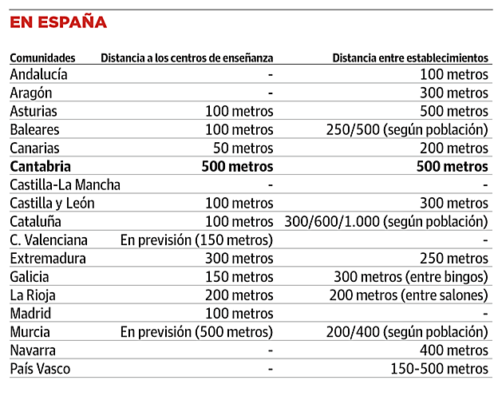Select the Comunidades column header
click(42, 57)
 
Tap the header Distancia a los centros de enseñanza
click(187, 57)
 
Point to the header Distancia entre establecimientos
click(409, 57)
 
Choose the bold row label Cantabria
click(41, 166)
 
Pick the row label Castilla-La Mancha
click(65, 184)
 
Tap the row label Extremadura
click(48, 259)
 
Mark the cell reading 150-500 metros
click(439, 369)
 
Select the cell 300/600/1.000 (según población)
click(385, 221)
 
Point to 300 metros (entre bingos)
click(411, 277)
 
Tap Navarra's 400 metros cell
click(454, 350)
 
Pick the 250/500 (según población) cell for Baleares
click(407, 129)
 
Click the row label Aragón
click(32, 93)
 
